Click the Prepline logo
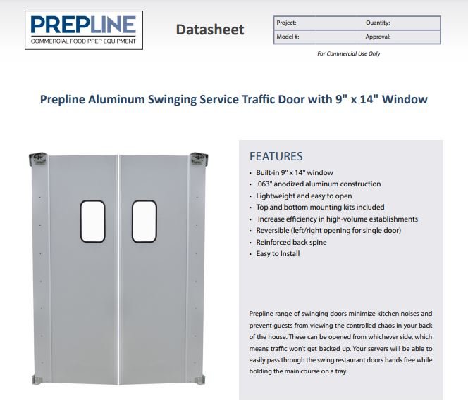84,30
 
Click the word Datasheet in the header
210,30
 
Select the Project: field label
286,23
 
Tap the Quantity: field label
378,23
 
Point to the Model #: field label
288,37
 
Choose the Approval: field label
378,37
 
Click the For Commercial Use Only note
349,53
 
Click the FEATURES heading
276,156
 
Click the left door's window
92,222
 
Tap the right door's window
144,222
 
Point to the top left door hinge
38,158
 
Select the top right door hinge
199,158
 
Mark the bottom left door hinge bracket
37,380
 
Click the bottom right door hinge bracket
199,380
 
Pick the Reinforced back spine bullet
291,242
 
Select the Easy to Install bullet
278,253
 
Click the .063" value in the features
264,184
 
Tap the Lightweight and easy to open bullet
304,196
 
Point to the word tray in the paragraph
342,371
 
